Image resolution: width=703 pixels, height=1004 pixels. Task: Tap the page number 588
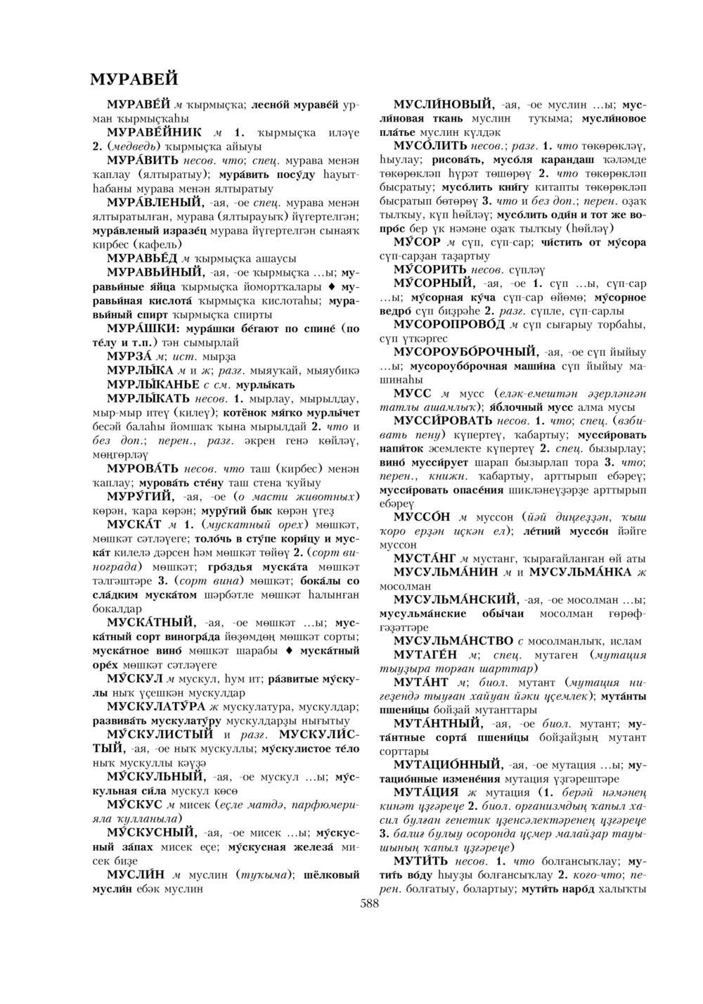click(x=369, y=904)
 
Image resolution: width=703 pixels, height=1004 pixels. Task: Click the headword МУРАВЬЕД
click(x=143, y=258)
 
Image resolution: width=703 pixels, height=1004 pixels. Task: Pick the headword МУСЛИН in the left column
click(x=135, y=875)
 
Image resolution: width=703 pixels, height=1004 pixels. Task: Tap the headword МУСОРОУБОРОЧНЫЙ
click(x=466, y=351)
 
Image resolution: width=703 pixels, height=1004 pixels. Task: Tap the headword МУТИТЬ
click(x=420, y=860)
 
